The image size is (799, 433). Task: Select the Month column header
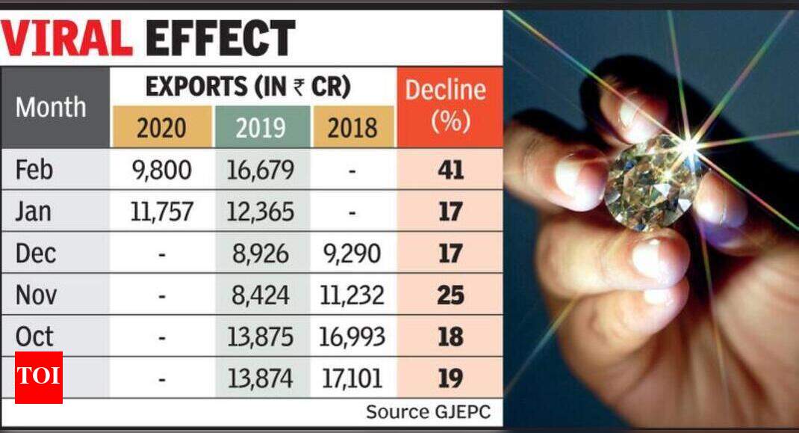coord(51,107)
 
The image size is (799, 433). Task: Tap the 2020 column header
coord(161,127)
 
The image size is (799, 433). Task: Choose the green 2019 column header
coord(261,127)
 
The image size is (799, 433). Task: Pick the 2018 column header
coord(352,127)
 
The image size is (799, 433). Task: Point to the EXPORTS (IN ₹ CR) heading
coord(249,87)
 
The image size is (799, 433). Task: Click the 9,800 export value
coord(162,170)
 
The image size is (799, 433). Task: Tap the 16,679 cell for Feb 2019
coord(261,170)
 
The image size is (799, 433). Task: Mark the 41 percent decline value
coord(450,170)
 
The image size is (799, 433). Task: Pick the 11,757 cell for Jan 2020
coord(162,212)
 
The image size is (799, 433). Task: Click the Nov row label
coord(36,295)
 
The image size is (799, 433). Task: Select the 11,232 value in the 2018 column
coord(352,295)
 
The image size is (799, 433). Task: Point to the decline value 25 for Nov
coord(450,295)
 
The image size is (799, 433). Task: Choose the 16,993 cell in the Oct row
coord(352,337)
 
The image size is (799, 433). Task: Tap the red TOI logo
coord(39,377)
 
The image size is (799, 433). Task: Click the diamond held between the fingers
coord(647,179)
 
